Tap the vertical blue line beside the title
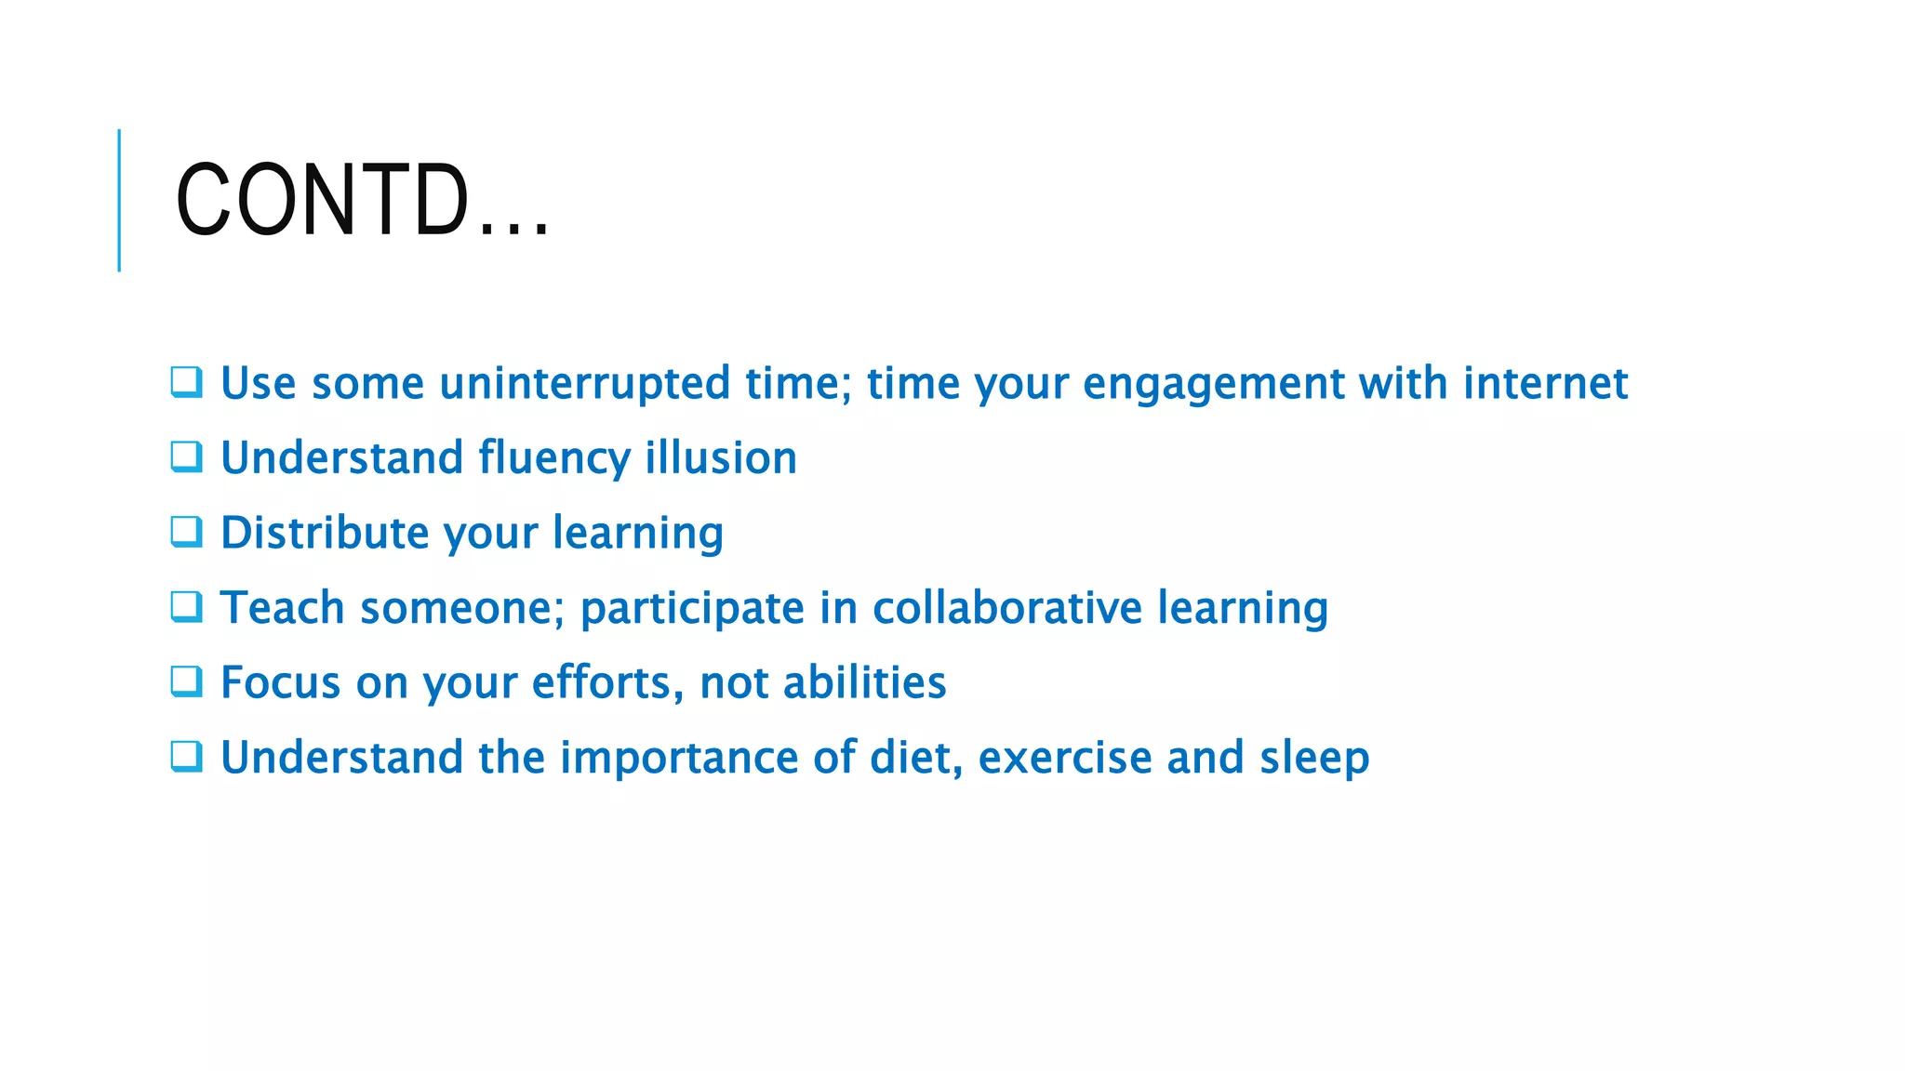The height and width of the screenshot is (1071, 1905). (119, 200)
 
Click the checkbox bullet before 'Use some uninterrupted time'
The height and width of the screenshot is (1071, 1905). (186, 382)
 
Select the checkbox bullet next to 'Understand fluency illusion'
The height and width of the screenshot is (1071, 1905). (186, 456)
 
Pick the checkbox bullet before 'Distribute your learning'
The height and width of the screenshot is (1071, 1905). (186, 532)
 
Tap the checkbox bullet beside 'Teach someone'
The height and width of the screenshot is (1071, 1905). (186, 607)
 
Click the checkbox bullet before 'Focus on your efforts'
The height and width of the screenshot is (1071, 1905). (186, 681)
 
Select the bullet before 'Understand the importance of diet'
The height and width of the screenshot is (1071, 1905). (186, 757)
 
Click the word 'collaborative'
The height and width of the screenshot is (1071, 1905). (1006, 608)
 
